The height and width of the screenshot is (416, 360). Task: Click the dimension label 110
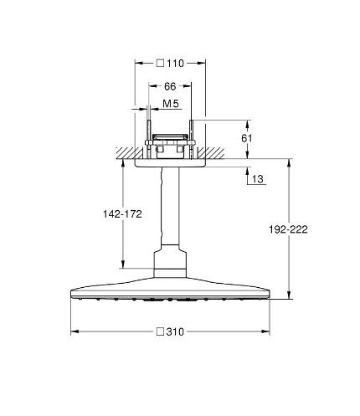point(176,64)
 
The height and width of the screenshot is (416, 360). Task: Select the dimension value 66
point(170,86)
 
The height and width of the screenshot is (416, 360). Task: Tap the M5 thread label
point(171,104)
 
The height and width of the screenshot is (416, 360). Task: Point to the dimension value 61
point(247,138)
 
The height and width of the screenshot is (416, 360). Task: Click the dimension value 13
point(258,179)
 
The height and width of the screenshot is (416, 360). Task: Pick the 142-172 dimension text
point(122,214)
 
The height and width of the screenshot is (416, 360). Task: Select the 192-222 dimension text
point(288,229)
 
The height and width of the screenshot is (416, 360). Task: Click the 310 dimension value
point(175,331)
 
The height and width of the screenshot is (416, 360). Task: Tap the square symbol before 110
point(160,64)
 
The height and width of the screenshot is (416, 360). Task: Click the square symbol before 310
point(160,331)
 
